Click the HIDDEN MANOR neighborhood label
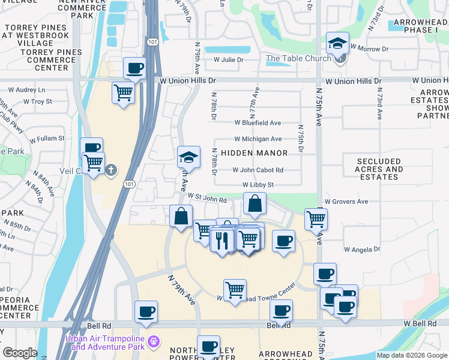(254, 153)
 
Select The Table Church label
(298, 58)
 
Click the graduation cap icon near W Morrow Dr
(338, 43)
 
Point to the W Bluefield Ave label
(258, 123)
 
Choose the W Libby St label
(258, 185)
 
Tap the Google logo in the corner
(20, 353)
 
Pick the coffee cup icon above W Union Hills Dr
(134, 68)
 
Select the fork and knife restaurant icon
(223, 241)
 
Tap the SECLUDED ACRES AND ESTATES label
(379, 169)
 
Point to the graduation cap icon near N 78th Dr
(188, 158)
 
